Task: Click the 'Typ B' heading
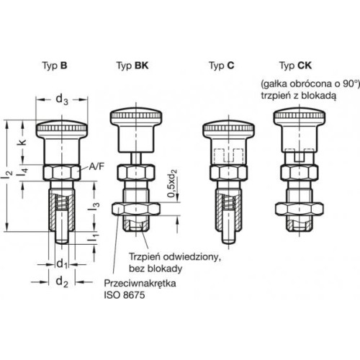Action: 55,66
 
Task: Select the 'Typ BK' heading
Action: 132,66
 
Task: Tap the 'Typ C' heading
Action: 222,66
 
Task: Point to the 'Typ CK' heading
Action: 295,66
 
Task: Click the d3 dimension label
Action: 62,99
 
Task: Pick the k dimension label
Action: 22,143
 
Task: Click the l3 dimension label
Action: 94,206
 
